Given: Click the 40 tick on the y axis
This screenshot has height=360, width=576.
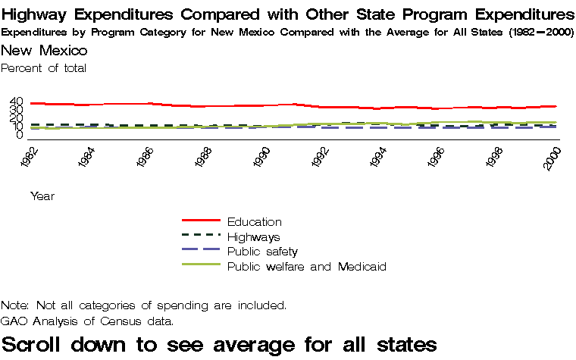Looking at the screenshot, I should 17,102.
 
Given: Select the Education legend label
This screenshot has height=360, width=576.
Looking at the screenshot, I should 254,221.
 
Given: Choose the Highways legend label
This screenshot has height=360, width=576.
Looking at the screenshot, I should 253,236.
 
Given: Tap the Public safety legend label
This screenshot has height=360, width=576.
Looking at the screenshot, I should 262,251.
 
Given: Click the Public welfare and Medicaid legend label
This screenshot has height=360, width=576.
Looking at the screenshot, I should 307,266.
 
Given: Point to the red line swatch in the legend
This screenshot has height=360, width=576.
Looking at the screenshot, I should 201,221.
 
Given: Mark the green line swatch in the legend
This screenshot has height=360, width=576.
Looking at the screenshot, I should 201,265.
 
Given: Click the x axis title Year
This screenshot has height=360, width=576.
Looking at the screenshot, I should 42,196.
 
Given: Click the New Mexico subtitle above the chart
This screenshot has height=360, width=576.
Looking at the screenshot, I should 44,51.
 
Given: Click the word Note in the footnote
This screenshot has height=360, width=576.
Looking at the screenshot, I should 14,305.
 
